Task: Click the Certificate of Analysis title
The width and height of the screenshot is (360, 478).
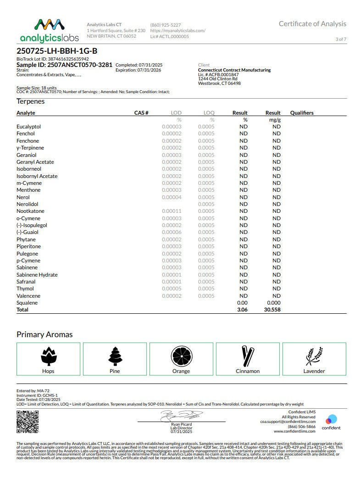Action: point(312,24)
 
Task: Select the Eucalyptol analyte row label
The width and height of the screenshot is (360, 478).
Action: point(28,127)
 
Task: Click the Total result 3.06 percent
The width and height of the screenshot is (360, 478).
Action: point(242,310)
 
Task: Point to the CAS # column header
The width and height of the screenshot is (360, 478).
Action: point(141,113)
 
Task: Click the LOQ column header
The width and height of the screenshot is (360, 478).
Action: point(209,113)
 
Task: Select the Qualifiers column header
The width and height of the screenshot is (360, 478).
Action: point(302,113)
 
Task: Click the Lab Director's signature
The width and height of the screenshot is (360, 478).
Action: point(181,416)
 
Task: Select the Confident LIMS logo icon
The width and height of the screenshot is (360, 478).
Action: point(331,419)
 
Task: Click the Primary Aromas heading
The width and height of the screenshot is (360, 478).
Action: point(44,334)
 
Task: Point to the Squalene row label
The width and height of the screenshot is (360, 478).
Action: point(27,303)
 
